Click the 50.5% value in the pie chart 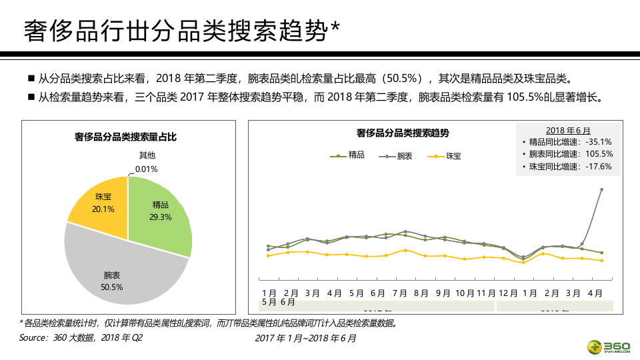click(112, 287)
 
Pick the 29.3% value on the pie click(161, 217)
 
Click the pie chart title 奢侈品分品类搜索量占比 click(125, 137)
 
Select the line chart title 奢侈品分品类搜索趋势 click(403, 133)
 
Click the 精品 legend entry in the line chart click(348, 155)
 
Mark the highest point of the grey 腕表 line click(602, 189)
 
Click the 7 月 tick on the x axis click(400, 293)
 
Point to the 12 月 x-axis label click(508, 293)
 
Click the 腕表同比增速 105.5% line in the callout click(570, 154)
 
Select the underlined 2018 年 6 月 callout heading click(568, 130)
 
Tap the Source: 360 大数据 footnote click(81, 338)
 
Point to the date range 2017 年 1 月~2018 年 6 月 click(306, 339)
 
